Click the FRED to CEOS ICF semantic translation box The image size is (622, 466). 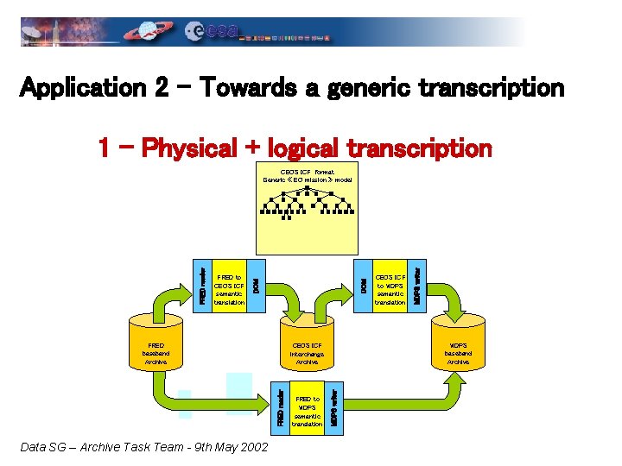pos(229,283)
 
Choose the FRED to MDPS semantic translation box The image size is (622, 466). pos(308,406)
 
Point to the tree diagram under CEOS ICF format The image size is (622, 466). pos(307,205)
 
